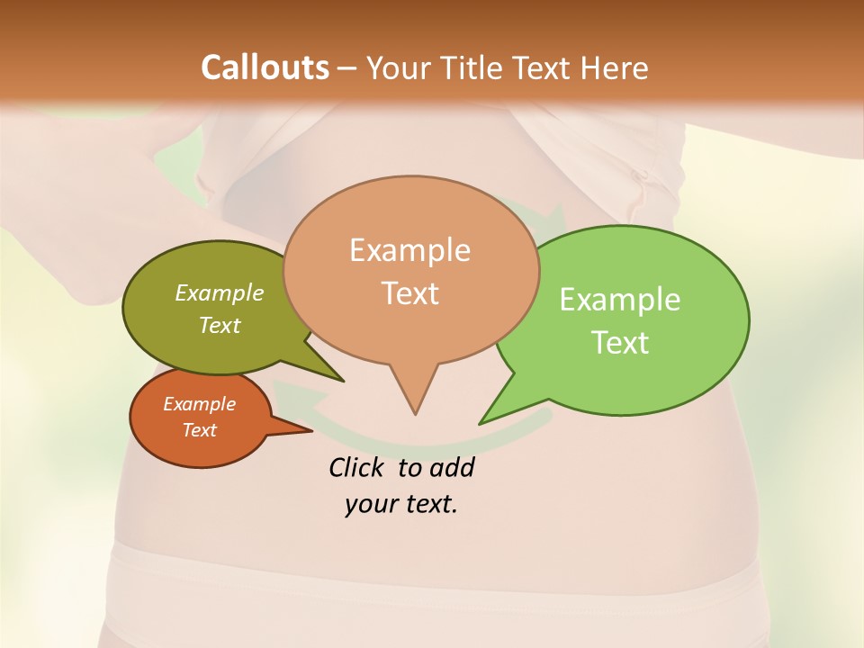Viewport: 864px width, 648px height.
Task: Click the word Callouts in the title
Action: (265, 67)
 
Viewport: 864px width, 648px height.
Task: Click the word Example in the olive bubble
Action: (220, 292)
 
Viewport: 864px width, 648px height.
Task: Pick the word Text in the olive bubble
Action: (220, 325)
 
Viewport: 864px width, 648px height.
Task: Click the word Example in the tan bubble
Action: (409, 250)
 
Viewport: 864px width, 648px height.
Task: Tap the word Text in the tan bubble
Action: (409, 293)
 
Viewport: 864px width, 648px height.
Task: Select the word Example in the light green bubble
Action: (620, 300)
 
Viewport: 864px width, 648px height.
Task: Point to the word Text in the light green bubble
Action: (620, 343)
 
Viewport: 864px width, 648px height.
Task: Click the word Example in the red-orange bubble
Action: (199, 404)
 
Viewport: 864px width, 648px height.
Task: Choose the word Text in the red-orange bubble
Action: (199, 430)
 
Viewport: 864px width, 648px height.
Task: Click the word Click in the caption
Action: (358, 467)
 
